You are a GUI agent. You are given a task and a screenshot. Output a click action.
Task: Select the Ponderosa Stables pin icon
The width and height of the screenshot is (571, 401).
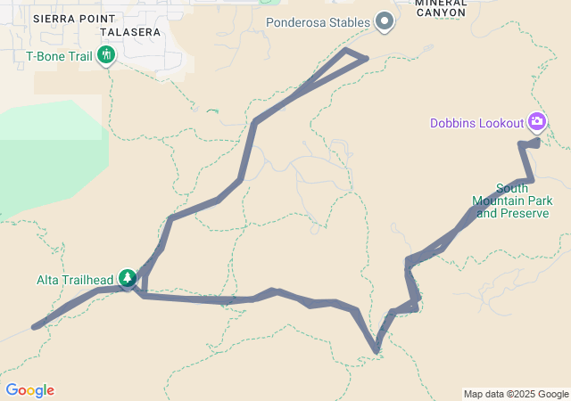coord(385,20)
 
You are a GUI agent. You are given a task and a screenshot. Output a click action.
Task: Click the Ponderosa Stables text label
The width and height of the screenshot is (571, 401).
coord(317,20)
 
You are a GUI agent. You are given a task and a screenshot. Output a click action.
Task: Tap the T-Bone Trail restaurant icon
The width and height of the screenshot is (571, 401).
coord(107,56)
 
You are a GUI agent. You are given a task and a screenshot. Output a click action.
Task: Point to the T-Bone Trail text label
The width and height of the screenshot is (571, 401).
coord(59,57)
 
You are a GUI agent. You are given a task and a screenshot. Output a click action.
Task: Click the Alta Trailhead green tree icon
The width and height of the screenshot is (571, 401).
coord(128,278)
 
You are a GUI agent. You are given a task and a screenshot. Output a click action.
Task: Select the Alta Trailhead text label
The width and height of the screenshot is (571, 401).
coord(78,279)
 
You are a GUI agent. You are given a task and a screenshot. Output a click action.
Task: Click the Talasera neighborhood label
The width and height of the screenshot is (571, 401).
coord(130,31)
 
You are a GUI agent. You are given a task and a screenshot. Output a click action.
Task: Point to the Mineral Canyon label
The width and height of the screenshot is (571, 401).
coord(440,8)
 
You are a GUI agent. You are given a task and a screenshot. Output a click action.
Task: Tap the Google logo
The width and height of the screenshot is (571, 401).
coord(29,389)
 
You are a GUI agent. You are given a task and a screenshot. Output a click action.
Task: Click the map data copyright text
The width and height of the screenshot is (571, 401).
coord(515,394)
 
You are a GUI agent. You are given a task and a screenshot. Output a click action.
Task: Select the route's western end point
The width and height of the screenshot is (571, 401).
coord(35,327)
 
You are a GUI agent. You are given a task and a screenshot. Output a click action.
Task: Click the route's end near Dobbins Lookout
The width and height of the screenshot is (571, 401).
coord(538,141)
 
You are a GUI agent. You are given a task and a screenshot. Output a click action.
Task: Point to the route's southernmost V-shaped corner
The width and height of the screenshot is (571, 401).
coord(378,351)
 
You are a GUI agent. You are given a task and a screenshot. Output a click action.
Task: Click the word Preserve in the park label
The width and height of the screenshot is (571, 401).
coord(524,214)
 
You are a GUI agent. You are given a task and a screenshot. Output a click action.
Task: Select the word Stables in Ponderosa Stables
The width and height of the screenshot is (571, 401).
coord(347,20)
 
